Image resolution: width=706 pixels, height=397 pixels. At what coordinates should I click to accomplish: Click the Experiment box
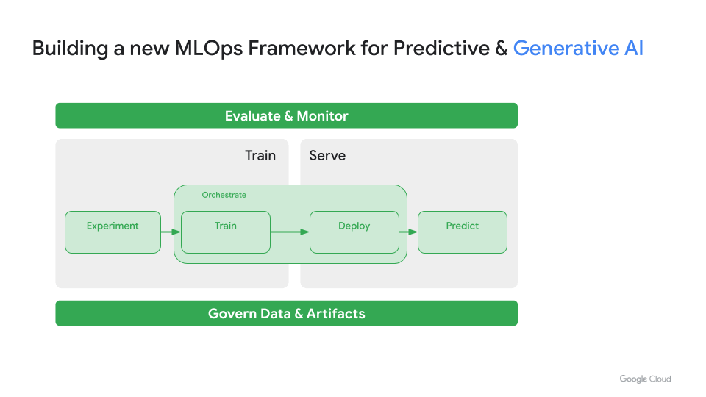point(113,232)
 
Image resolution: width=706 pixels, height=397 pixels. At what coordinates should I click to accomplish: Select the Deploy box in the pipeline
point(354,232)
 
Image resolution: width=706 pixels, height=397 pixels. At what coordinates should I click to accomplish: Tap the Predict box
point(463,232)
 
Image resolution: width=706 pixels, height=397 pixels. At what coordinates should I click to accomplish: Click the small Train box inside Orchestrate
point(226,232)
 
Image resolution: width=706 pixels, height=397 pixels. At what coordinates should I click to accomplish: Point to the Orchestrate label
point(224,195)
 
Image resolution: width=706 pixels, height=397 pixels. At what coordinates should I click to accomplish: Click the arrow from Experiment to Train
point(171,232)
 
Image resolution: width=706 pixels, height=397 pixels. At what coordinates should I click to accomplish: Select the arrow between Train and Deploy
point(290,232)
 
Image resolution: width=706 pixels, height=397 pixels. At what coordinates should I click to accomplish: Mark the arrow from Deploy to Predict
point(408,232)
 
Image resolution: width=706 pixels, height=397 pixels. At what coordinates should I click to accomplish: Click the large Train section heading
point(260,155)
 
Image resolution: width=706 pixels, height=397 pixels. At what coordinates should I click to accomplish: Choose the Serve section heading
point(327,155)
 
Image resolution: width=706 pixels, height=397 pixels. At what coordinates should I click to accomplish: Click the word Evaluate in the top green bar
point(253,116)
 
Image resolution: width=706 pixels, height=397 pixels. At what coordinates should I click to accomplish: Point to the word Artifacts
point(336,314)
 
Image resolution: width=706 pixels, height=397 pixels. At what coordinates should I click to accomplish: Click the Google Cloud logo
point(645,379)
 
